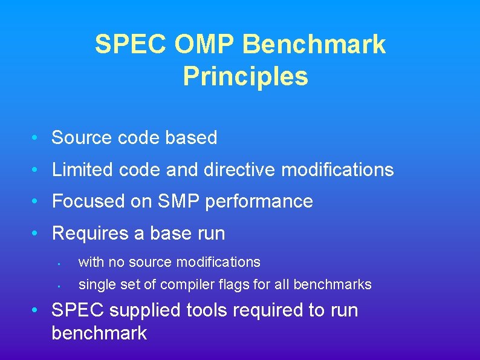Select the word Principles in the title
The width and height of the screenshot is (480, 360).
pyautogui.click(x=245, y=77)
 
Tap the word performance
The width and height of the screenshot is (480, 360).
pyautogui.click(x=259, y=202)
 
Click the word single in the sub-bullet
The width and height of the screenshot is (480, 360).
pyautogui.click(x=94, y=284)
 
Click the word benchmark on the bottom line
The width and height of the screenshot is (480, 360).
pyautogui.click(x=99, y=333)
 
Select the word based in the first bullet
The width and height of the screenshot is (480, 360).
pyautogui.click(x=193, y=138)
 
